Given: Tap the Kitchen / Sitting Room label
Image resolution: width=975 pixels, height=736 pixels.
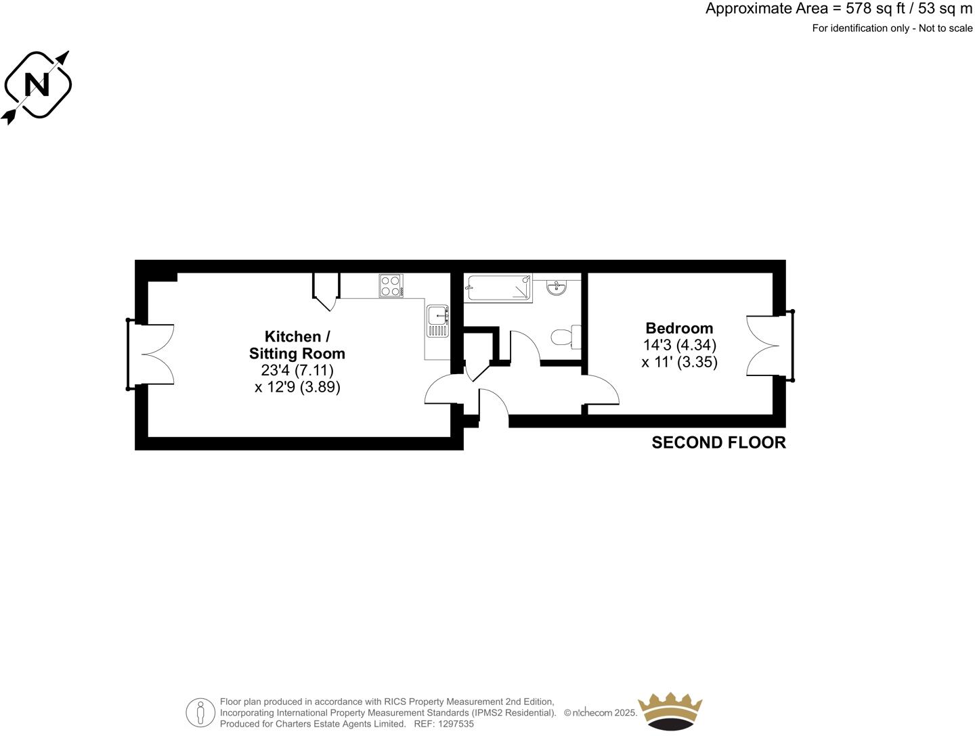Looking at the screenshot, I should (x=297, y=345).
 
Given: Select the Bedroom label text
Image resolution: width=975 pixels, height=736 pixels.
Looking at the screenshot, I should (x=679, y=328).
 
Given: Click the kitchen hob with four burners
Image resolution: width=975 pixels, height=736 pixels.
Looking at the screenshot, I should (x=391, y=285).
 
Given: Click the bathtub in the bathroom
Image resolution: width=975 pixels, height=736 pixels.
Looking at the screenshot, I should (x=498, y=287).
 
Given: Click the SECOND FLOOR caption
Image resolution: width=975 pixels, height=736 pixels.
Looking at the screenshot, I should (x=718, y=443).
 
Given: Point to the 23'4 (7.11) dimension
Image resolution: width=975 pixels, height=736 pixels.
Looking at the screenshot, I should (x=297, y=371).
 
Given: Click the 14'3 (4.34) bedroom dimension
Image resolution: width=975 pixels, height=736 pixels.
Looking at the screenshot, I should (x=679, y=345).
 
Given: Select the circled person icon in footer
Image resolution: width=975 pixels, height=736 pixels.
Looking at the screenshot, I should (x=200, y=712).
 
